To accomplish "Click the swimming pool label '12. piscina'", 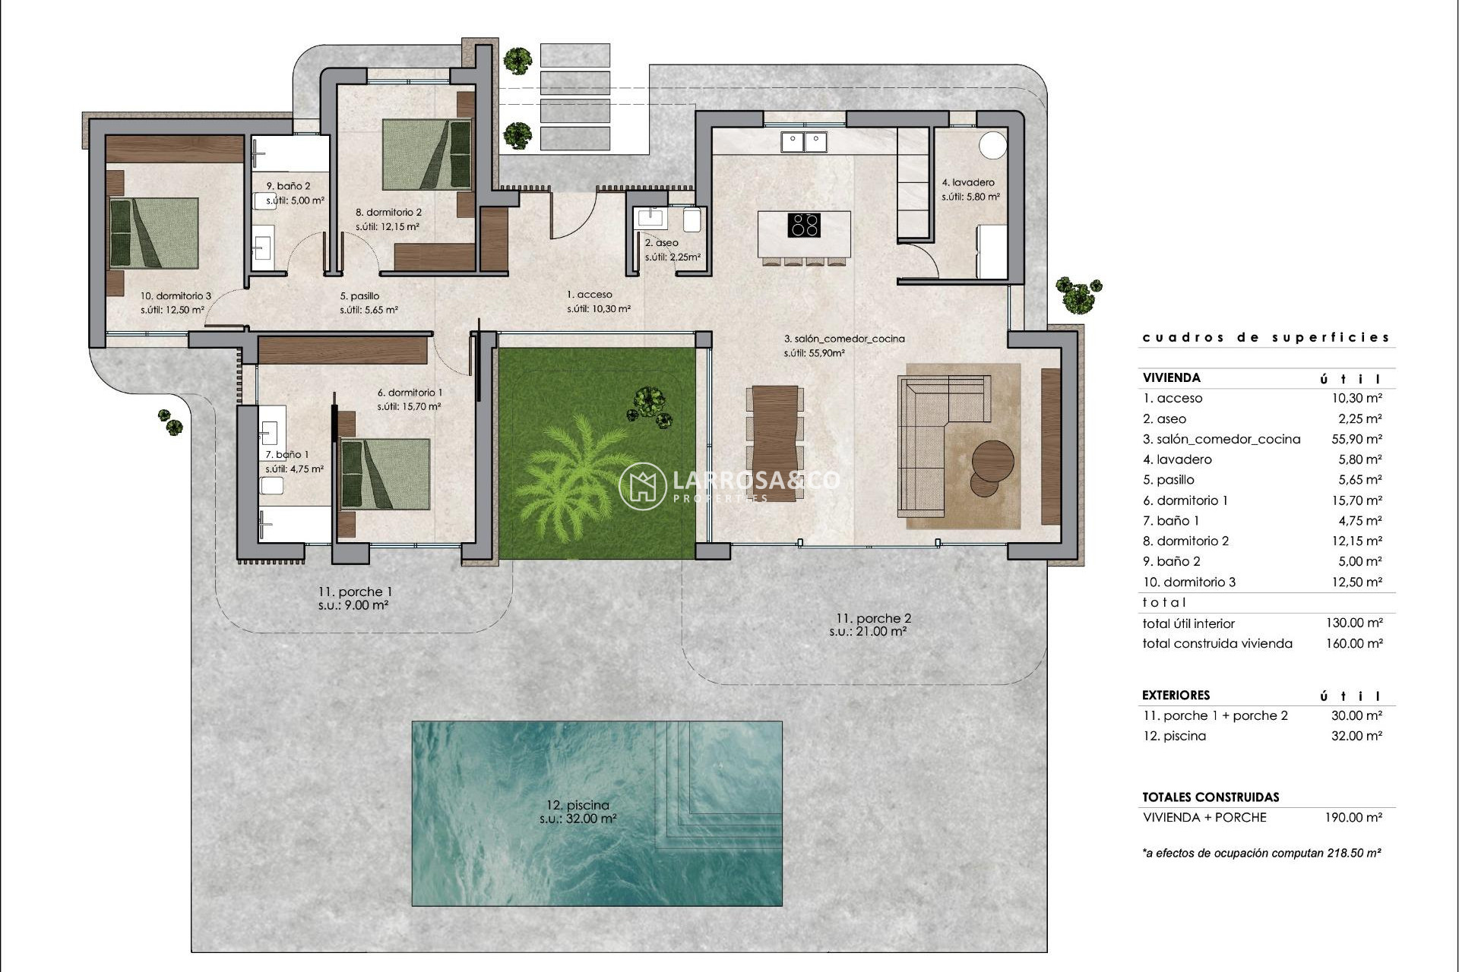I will tap(578, 805).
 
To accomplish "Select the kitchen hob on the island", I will tap(804, 226).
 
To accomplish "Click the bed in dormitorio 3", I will tap(154, 233).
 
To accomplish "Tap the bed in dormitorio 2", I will tap(426, 154).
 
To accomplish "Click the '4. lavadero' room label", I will tap(967, 182).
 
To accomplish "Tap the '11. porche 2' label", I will tap(872, 618).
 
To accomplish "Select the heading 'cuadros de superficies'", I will tap(1266, 337).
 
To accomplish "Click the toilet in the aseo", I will tap(692, 221).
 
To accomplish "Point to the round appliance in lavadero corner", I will tap(992, 145).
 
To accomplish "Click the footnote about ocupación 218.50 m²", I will tap(1261, 853).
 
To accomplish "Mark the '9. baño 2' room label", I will tap(287, 185).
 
